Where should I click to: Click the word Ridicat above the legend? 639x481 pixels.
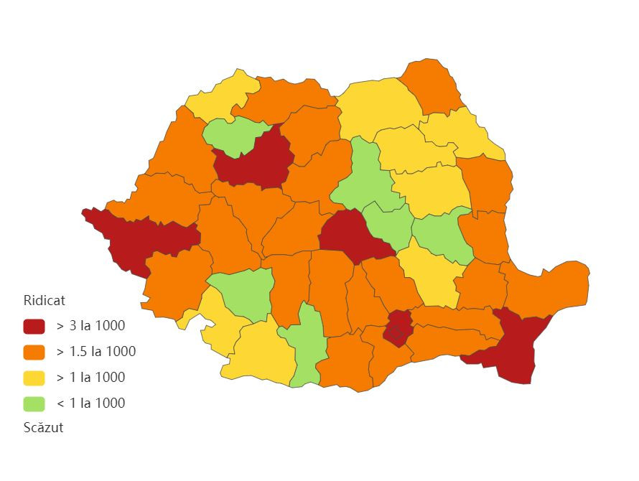click(x=45, y=301)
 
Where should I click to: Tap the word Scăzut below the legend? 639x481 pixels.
click(x=43, y=428)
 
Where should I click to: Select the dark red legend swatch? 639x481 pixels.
click(x=34, y=327)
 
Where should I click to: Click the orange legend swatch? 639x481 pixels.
click(x=34, y=352)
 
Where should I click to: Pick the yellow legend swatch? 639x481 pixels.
click(x=34, y=378)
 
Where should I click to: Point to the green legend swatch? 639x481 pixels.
click(x=34, y=403)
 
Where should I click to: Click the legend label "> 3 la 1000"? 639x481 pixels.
click(x=90, y=327)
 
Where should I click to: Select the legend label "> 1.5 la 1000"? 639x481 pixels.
click(x=95, y=352)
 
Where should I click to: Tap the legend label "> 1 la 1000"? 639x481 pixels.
click(x=90, y=378)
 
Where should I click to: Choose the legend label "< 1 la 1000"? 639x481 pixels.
click(x=90, y=403)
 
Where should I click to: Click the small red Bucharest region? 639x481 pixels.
click(x=396, y=330)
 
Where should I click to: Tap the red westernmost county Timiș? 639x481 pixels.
click(x=144, y=240)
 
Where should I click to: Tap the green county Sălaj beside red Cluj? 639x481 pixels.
click(x=231, y=136)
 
